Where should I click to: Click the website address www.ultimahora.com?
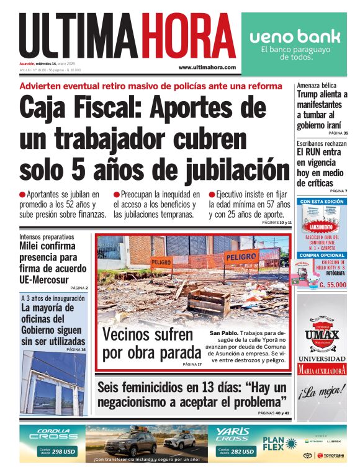[x=207, y=67]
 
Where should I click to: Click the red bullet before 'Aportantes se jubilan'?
[x=22, y=194]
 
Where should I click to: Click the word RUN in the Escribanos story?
[x=313, y=151]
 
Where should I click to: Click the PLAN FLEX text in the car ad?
[x=276, y=445]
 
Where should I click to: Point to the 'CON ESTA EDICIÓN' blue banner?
[x=322, y=202]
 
